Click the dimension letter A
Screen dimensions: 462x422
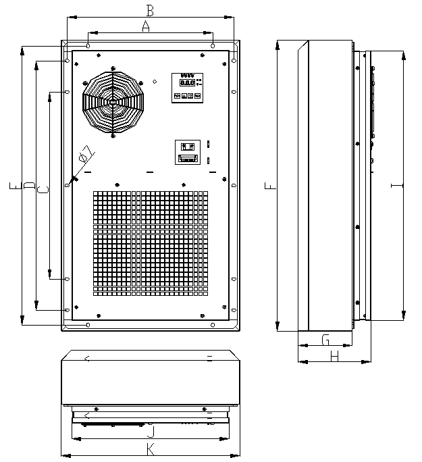[144, 26]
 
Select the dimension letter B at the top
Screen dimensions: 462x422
[151, 10]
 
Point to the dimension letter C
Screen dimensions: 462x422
[42, 191]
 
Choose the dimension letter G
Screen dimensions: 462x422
[325, 338]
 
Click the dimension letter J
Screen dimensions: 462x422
[150, 430]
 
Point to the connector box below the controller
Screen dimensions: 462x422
[187, 152]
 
